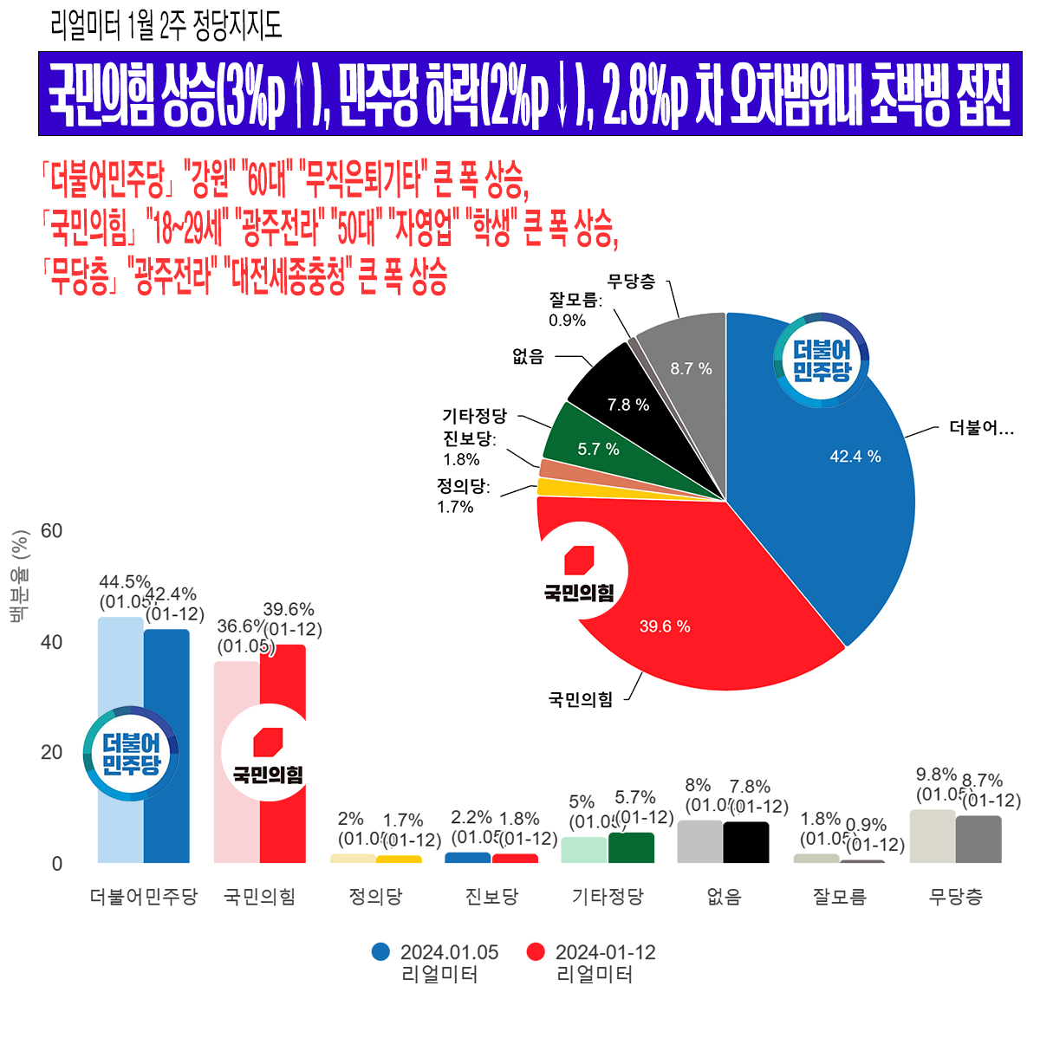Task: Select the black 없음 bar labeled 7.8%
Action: coord(745,842)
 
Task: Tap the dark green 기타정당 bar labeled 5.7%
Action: coord(631,847)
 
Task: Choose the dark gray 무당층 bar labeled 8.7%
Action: coord(978,839)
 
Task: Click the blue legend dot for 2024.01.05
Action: coord(380,951)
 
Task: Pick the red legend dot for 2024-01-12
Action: coord(536,951)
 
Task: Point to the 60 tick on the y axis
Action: coord(52,530)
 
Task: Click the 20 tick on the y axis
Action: coord(52,752)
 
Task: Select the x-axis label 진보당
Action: coord(491,897)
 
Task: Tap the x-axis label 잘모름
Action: coord(839,897)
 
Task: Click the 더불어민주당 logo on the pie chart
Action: coord(822,360)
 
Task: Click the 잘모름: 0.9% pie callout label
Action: coord(573,309)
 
